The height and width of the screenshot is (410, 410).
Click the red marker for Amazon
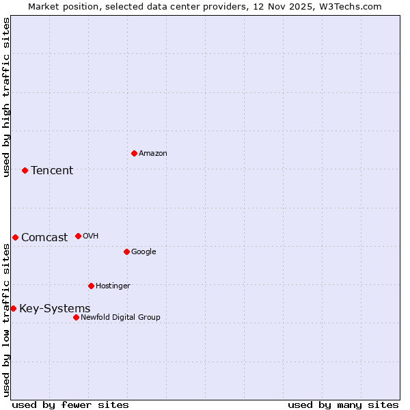tap(134, 153)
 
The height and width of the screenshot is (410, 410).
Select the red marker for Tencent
tap(25, 170)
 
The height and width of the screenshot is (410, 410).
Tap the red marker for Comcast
tap(15, 237)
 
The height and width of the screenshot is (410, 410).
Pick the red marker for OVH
tap(78, 236)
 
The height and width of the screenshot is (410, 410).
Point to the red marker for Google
tap(126, 251)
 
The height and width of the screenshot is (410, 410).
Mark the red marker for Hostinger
tap(91, 286)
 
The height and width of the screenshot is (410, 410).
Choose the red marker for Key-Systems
tap(13, 308)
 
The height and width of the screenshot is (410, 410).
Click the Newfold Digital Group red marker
tap(76, 317)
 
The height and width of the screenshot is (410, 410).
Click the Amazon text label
tap(153, 154)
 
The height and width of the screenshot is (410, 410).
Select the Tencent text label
tap(52, 171)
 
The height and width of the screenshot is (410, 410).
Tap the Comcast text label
tap(44, 238)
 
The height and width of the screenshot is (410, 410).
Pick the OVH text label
tap(91, 236)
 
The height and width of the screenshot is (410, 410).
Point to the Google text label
tap(143, 252)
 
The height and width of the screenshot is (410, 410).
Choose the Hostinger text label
tap(113, 286)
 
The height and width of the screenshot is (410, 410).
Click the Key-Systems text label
tap(55, 309)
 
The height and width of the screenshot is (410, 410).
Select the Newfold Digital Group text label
tap(120, 318)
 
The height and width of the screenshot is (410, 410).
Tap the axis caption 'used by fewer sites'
tap(70, 405)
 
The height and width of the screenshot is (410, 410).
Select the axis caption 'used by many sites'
tap(343, 405)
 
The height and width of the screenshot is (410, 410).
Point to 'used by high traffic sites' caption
tap(7, 97)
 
